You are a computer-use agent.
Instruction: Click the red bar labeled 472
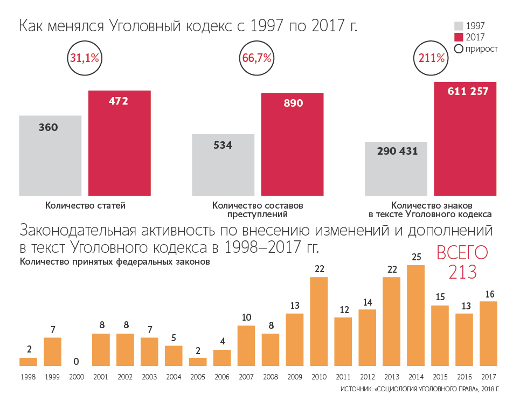coord(119,143)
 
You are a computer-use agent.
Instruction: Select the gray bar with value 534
coord(223,165)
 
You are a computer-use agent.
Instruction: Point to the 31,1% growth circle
coord(84,58)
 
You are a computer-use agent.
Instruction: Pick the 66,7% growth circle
coord(256,58)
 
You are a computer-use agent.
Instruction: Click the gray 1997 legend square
coord(459,26)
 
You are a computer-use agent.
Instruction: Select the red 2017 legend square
coord(459,37)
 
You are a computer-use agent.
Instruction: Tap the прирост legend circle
coord(459,49)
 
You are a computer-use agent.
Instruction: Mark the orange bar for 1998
coord(28,362)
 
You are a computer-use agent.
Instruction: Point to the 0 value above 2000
coord(77,361)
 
